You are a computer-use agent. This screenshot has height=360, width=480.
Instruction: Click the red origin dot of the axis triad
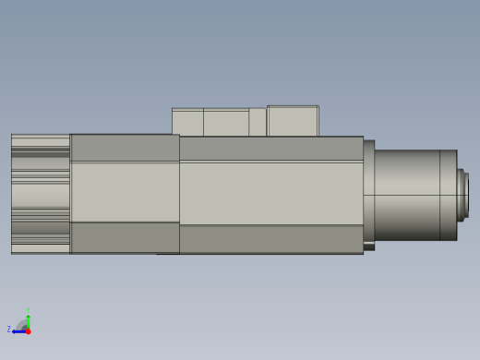click(28, 330)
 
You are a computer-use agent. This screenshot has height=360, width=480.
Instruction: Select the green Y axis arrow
click(28, 320)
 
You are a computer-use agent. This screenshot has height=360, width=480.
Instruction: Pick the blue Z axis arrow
click(18, 330)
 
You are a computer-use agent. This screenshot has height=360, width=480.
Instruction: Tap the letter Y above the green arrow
click(28, 311)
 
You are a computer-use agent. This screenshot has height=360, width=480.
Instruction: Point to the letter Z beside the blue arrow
click(9, 329)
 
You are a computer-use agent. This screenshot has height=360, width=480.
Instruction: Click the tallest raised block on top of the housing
click(293, 121)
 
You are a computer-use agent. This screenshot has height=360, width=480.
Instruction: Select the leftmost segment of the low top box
click(187, 123)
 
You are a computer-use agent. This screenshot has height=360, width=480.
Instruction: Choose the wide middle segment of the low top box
click(225, 123)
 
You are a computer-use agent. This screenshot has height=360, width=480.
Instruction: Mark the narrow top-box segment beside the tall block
click(258, 123)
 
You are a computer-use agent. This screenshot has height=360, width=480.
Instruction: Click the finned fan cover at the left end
click(40, 194)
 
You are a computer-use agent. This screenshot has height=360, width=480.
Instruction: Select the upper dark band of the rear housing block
click(125, 148)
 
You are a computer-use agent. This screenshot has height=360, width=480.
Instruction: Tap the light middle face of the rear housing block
click(125, 192)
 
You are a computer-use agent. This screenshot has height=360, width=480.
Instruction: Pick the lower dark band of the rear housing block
click(125, 237)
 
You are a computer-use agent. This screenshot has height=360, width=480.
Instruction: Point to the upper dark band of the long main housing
click(270, 148)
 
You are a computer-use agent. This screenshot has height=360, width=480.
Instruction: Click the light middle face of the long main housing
click(270, 193)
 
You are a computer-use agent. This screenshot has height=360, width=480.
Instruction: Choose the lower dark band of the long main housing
click(270, 239)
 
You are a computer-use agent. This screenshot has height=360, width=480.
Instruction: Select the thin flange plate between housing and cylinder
click(368, 194)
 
